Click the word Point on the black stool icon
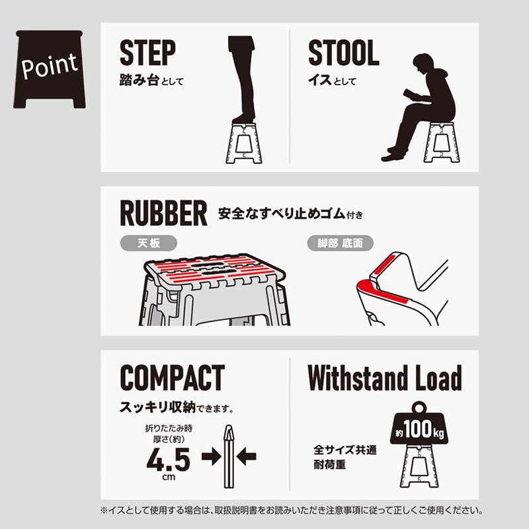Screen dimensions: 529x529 click(x=50, y=65)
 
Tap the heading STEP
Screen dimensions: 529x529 click(x=147, y=52)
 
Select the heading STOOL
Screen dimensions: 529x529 click(x=343, y=52)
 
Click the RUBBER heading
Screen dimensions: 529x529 click(x=163, y=213)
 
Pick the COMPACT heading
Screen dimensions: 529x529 click(x=173, y=378)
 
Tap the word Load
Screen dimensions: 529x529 click(x=438, y=378)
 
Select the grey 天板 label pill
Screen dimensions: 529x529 click(x=148, y=243)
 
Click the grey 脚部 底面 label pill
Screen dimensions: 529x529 click(x=340, y=243)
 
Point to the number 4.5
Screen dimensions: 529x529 click(x=169, y=459)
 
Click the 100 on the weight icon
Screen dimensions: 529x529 click(x=418, y=428)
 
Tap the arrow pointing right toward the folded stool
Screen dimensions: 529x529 click(x=211, y=456)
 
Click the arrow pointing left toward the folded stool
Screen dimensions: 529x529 click(x=246, y=456)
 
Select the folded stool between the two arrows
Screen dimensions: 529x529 click(x=229, y=456)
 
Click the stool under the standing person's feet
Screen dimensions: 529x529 click(x=244, y=143)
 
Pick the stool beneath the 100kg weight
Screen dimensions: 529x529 click(x=419, y=466)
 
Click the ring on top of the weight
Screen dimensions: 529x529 click(x=419, y=407)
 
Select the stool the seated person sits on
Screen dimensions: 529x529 click(x=442, y=142)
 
